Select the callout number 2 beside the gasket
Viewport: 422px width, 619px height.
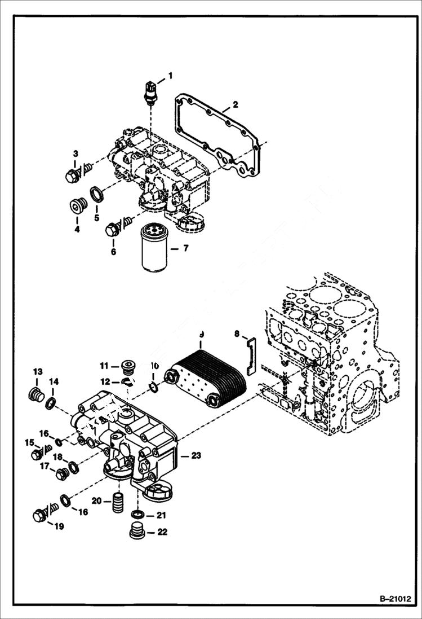235,104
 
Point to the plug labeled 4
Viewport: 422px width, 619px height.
75,207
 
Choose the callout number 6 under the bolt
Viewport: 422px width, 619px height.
113,252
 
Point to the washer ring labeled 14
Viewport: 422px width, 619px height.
50,403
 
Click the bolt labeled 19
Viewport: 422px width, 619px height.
40,515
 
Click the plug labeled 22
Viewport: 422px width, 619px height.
136,532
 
